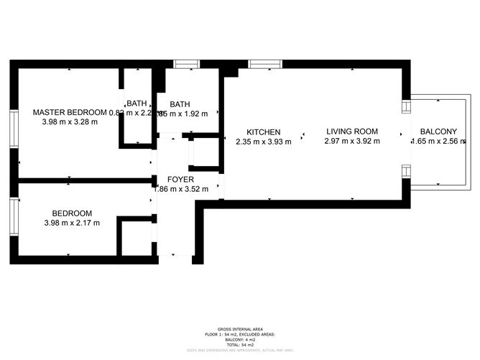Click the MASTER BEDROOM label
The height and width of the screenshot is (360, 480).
click(x=70, y=112)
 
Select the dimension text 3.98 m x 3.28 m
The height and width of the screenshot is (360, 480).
click(x=70, y=121)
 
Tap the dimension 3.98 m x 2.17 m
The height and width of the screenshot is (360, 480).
click(x=71, y=223)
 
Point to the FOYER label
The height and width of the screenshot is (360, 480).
click(x=180, y=180)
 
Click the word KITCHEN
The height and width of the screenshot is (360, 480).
click(x=263, y=132)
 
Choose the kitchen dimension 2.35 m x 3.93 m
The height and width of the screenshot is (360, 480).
click(x=263, y=142)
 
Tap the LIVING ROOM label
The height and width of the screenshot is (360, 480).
click(x=352, y=131)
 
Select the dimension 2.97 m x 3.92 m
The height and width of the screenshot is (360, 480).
click(x=352, y=142)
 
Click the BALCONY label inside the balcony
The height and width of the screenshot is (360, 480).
click(x=438, y=131)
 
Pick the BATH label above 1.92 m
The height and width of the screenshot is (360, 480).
click(x=180, y=103)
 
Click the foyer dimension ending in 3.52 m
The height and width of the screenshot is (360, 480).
click(x=180, y=190)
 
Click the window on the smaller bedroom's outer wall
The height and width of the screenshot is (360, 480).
click(x=13, y=216)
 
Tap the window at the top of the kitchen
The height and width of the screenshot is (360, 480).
click(x=266, y=64)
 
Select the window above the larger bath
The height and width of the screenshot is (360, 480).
click(x=186, y=64)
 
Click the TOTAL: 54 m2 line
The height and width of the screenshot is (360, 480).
click(x=239, y=346)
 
